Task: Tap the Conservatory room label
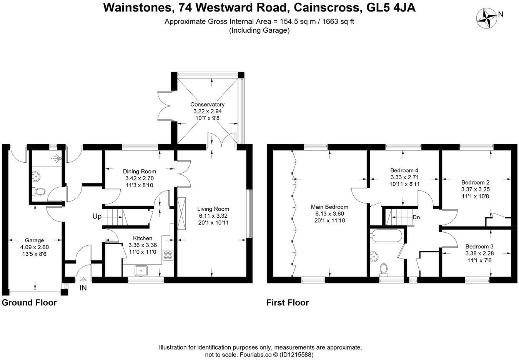207,104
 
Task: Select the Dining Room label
139,171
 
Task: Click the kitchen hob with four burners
168,255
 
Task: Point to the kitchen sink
141,270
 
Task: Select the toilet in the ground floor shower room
40,192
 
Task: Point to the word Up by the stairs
97,217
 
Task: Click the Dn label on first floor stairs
416,217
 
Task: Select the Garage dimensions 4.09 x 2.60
35,247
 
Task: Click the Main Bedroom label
329,207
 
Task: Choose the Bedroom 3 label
479,247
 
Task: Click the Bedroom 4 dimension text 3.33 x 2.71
405,178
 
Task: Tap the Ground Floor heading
29,303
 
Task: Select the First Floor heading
288,303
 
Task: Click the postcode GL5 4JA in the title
391,7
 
